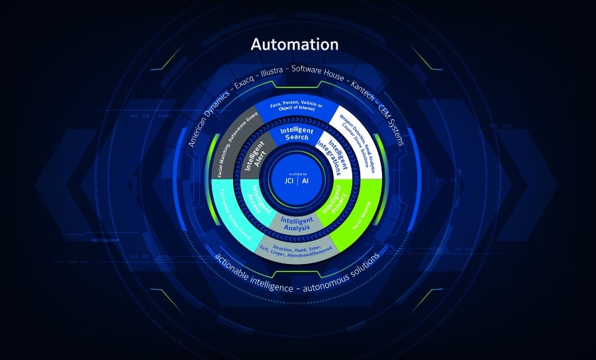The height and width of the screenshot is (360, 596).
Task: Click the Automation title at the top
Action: click(x=295, y=45)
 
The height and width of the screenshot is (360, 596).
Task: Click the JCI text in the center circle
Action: click(x=287, y=181)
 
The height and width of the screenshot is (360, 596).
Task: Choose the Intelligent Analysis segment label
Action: click(x=296, y=224)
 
